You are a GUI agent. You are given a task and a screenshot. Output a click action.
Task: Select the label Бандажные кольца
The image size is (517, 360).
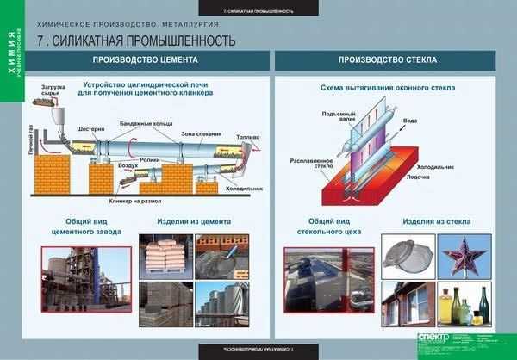[x=140, y=123]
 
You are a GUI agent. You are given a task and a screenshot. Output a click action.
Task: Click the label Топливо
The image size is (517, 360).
[x=246, y=135]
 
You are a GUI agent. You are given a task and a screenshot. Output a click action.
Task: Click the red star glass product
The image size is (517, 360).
[x=466, y=257]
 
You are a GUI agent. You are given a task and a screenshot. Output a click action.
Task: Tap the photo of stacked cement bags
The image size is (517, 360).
[x=164, y=257]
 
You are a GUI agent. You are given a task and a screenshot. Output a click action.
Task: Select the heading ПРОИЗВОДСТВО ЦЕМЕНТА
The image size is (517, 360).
[x=146, y=60]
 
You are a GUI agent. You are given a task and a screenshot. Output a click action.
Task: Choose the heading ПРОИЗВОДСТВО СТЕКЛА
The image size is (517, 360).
[x=387, y=60]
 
